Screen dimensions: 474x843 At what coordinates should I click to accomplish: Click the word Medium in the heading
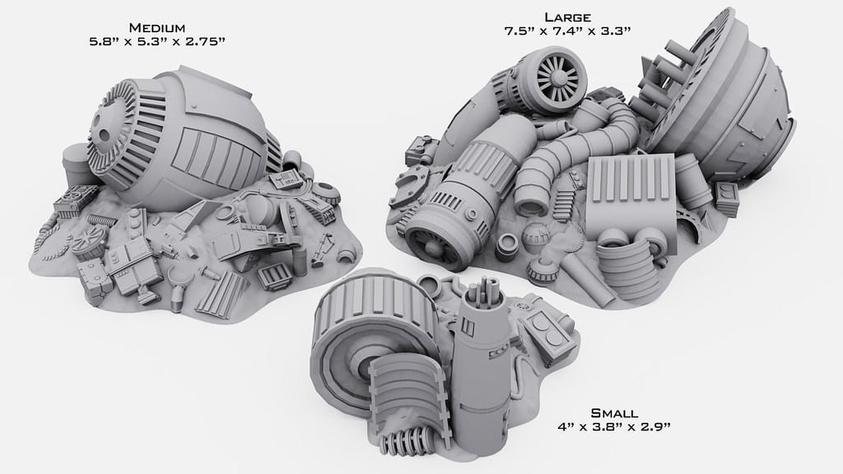point(157,27)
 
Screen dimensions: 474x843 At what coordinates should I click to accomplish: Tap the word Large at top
point(567,17)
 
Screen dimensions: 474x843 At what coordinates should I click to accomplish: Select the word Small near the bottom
point(614,413)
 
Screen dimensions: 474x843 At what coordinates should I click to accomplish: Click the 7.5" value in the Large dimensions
point(518,31)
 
